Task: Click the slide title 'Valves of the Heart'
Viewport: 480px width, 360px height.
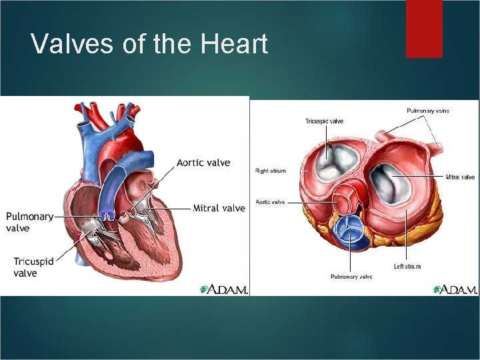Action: [x=149, y=44]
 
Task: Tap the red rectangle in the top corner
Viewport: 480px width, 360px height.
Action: [x=424, y=28]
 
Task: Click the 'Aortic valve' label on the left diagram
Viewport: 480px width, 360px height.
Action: [x=203, y=163]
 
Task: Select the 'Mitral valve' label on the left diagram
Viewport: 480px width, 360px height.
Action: [x=219, y=208]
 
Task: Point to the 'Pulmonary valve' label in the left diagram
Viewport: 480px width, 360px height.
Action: [x=29, y=222]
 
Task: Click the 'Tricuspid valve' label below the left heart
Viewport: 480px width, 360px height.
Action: [x=34, y=267]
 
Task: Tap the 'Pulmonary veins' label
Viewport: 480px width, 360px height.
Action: [x=428, y=111]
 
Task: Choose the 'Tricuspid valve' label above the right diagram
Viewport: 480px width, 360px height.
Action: [x=325, y=121]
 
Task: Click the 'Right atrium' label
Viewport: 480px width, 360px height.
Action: [x=271, y=171]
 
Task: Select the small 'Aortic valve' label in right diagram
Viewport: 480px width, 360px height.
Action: [x=271, y=201]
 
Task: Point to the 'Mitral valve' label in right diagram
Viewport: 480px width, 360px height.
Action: [x=461, y=177]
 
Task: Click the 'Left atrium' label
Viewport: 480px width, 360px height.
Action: [x=407, y=266]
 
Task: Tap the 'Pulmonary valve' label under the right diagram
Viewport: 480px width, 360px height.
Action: [x=351, y=276]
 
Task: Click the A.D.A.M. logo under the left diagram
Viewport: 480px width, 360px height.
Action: [x=223, y=289]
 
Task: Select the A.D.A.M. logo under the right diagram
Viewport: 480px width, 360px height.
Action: [x=455, y=289]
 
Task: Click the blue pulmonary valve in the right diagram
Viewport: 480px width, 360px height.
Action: [x=349, y=230]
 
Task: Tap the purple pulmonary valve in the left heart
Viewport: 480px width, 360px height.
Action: [x=107, y=215]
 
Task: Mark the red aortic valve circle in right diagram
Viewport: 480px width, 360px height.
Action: [x=345, y=199]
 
